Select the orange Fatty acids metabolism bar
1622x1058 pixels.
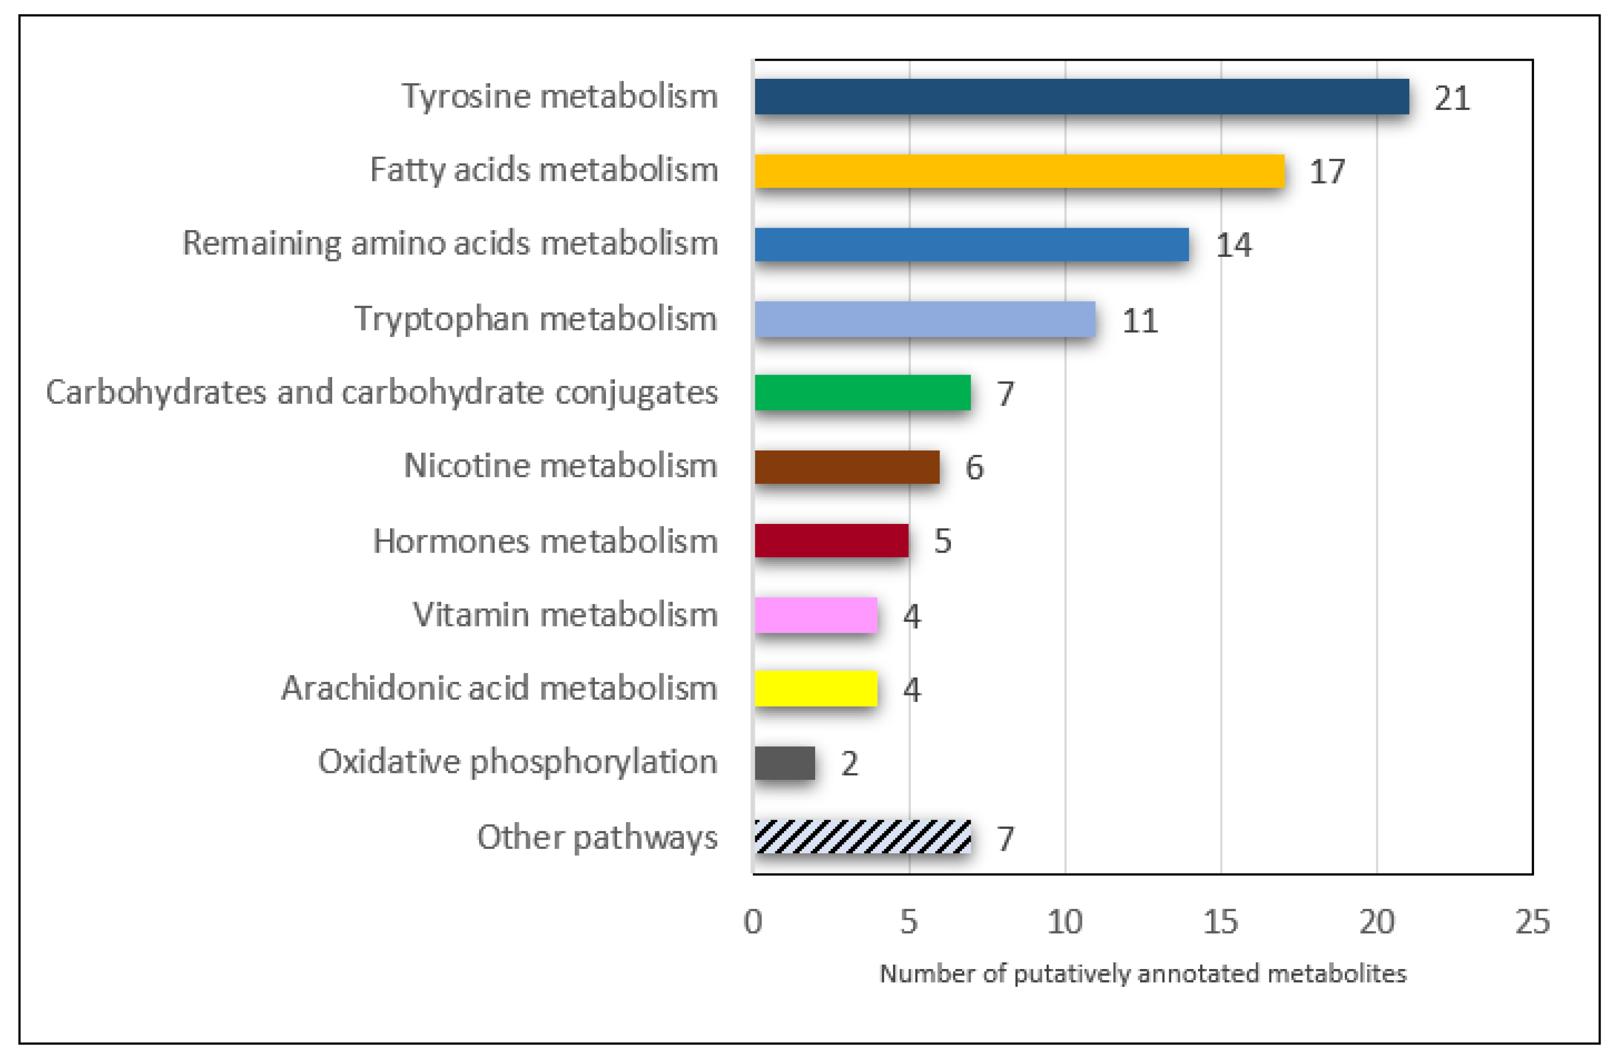[x=1019, y=171]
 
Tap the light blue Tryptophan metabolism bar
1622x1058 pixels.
[x=925, y=319]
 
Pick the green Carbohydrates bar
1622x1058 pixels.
[x=862, y=393]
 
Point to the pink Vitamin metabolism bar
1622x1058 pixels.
[x=816, y=615]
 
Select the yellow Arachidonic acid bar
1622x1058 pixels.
[x=816, y=688]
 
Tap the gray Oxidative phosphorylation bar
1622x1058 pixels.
[x=784, y=763]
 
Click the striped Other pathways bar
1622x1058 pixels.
[x=862, y=837]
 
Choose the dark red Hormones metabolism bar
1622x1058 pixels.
[x=832, y=540]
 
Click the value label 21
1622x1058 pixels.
[x=1452, y=99]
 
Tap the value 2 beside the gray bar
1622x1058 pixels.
[x=849, y=764]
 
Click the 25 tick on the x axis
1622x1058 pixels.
[x=1532, y=922]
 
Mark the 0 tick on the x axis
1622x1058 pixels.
[x=753, y=922]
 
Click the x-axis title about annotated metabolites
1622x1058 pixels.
[x=1143, y=973]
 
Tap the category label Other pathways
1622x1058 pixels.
[x=597, y=838]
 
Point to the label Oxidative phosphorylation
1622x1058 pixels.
[x=517, y=763]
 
